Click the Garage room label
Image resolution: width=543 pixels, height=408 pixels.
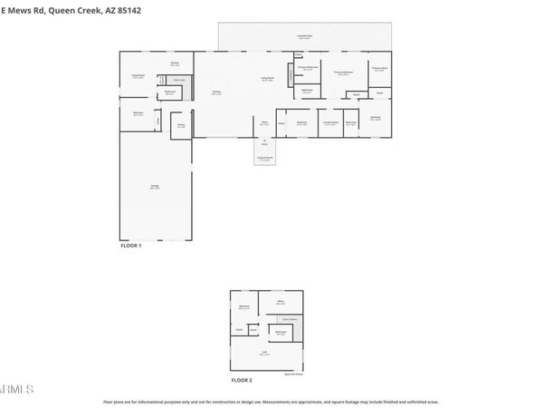[x=155, y=186]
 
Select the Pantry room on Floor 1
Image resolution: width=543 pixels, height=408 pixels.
[x=181, y=125]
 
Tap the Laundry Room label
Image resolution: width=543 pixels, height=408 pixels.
[x=331, y=122]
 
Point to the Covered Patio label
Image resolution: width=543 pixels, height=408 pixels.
[x=304, y=36]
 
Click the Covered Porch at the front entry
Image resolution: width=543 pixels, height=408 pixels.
[x=264, y=159]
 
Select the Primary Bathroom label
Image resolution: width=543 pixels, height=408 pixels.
[x=343, y=73]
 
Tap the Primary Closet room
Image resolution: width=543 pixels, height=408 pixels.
[x=378, y=68]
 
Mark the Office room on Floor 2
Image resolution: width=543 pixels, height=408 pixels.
[x=281, y=302]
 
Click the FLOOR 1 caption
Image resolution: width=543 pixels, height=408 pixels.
[x=131, y=246]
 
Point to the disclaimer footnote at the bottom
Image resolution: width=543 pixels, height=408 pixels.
[x=271, y=401]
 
